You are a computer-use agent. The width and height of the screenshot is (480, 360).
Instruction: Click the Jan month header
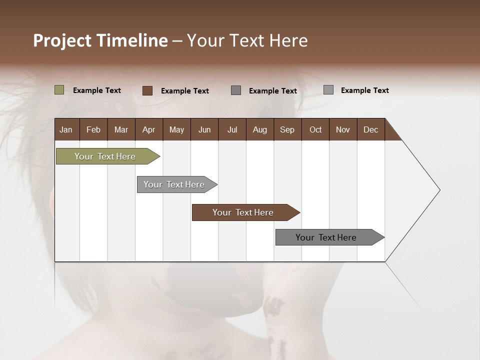66,129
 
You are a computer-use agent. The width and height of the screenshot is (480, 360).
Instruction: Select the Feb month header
93,129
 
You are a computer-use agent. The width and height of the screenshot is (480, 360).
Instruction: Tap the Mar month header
121,129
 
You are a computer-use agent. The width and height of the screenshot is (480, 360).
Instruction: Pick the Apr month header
148,129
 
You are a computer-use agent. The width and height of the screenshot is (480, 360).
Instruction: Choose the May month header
176,129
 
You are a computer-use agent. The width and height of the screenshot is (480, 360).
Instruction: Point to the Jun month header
204,129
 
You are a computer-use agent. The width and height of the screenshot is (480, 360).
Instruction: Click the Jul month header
232,129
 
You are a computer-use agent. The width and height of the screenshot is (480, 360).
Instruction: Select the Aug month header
259,129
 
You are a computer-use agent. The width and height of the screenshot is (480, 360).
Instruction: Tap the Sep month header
287,129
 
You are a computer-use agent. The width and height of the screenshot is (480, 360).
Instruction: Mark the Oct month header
315,129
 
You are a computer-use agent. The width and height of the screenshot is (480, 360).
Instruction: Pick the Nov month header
342,129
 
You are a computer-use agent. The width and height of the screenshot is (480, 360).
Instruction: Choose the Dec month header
370,129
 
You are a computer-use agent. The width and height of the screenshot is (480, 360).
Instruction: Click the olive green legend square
59,90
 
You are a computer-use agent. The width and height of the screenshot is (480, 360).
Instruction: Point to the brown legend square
147,90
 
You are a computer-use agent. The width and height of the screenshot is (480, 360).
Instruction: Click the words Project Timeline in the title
100,40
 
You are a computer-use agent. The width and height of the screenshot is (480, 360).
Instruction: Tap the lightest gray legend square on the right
328,90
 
